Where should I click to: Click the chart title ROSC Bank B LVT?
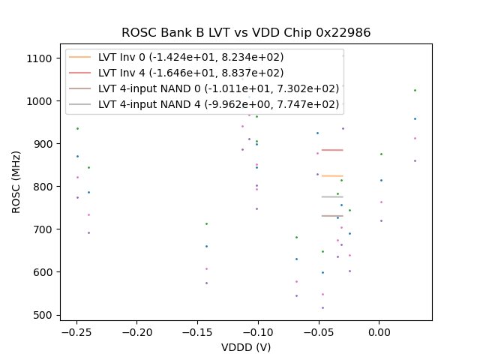(246, 33)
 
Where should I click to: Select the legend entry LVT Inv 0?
(190, 57)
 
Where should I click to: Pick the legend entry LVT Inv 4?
(190, 73)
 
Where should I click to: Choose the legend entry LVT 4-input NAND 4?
(218, 105)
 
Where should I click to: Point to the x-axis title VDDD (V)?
(246, 347)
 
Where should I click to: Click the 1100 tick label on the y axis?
(39, 58)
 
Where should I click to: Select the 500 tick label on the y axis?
(42, 315)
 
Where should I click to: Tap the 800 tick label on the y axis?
(42, 187)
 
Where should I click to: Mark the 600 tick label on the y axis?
(42, 272)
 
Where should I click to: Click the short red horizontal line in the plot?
(332, 150)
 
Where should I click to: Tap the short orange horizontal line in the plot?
(332, 175)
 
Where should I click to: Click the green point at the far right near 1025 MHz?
(415, 91)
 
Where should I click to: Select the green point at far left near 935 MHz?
(77, 128)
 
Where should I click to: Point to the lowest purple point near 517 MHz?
(323, 307)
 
